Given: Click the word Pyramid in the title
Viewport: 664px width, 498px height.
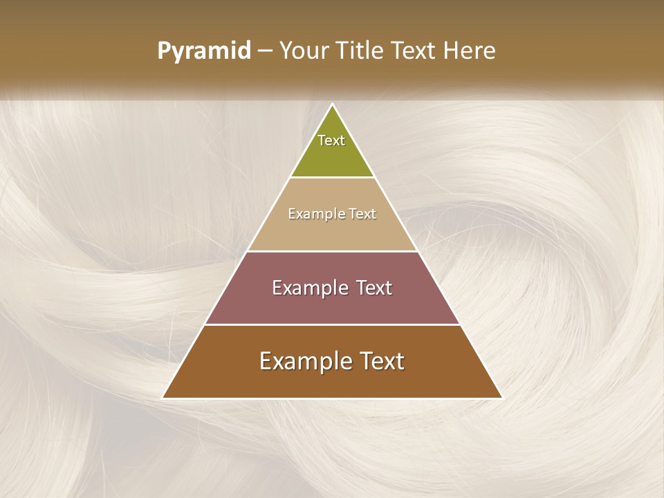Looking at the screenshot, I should [204, 51].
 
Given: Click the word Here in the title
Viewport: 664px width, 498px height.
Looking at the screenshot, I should [469, 50].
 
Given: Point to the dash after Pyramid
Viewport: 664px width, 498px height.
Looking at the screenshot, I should [264, 51].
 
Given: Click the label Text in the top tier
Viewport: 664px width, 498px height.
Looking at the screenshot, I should [331, 140].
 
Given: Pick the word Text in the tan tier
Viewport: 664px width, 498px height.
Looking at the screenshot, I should [363, 214].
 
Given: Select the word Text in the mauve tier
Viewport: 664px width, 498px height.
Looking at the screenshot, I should [375, 288].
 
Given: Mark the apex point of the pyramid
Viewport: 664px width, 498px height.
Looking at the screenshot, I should [333, 104].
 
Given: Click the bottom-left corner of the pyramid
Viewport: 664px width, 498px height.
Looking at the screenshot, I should [163, 398].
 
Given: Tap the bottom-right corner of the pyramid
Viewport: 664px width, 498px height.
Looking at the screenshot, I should [502, 398].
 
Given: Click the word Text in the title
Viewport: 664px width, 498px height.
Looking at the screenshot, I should [414, 50].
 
